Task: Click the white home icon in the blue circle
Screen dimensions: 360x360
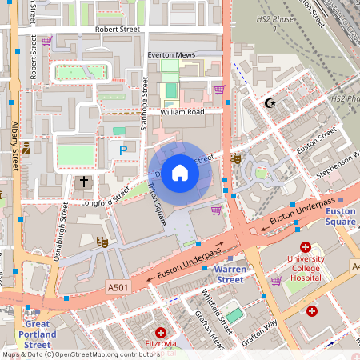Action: (180, 173)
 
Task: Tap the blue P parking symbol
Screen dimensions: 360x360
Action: (123, 150)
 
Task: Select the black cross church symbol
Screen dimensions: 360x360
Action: (84, 182)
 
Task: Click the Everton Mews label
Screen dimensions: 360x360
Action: (172, 55)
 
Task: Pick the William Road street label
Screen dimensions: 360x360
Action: (182, 112)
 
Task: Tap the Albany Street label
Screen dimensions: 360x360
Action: (15, 146)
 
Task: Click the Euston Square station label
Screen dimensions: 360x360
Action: (339, 216)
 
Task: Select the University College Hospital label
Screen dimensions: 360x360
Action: (304, 268)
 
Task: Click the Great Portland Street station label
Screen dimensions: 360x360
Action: (35, 334)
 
